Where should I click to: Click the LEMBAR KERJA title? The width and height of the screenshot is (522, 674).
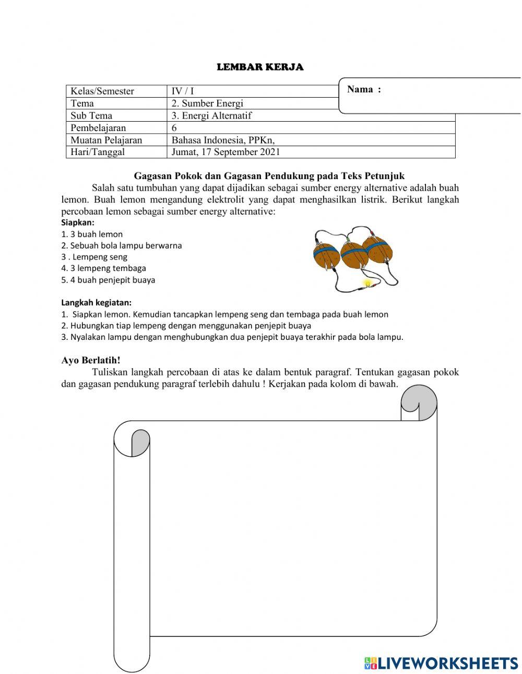[260, 67]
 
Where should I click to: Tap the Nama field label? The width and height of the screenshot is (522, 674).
[364, 89]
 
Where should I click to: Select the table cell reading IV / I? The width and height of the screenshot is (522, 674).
[183, 91]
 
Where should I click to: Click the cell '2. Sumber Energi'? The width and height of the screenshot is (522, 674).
[207, 103]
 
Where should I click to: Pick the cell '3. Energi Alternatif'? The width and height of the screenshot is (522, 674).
[211, 115]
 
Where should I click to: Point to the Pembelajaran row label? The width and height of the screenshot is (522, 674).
[98, 128]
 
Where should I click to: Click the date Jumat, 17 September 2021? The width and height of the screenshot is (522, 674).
[226, 152]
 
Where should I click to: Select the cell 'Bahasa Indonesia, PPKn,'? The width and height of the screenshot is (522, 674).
[223, 140]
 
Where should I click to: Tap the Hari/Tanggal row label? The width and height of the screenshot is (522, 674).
[98, 152]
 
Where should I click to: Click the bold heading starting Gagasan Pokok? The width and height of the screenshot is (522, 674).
[269, 176]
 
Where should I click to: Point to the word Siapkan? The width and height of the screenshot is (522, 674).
[78, 222]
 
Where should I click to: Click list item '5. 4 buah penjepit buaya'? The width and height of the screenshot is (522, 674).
[108, 280]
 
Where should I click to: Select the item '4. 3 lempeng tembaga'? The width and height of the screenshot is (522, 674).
[103, 268]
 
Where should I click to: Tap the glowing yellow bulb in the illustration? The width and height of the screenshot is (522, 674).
[367, 283]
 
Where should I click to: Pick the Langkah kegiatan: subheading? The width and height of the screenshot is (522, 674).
[96, 302]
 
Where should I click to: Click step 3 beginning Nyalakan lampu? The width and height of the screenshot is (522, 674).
[232, 337]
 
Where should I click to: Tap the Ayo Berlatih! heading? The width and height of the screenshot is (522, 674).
[91, 360]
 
